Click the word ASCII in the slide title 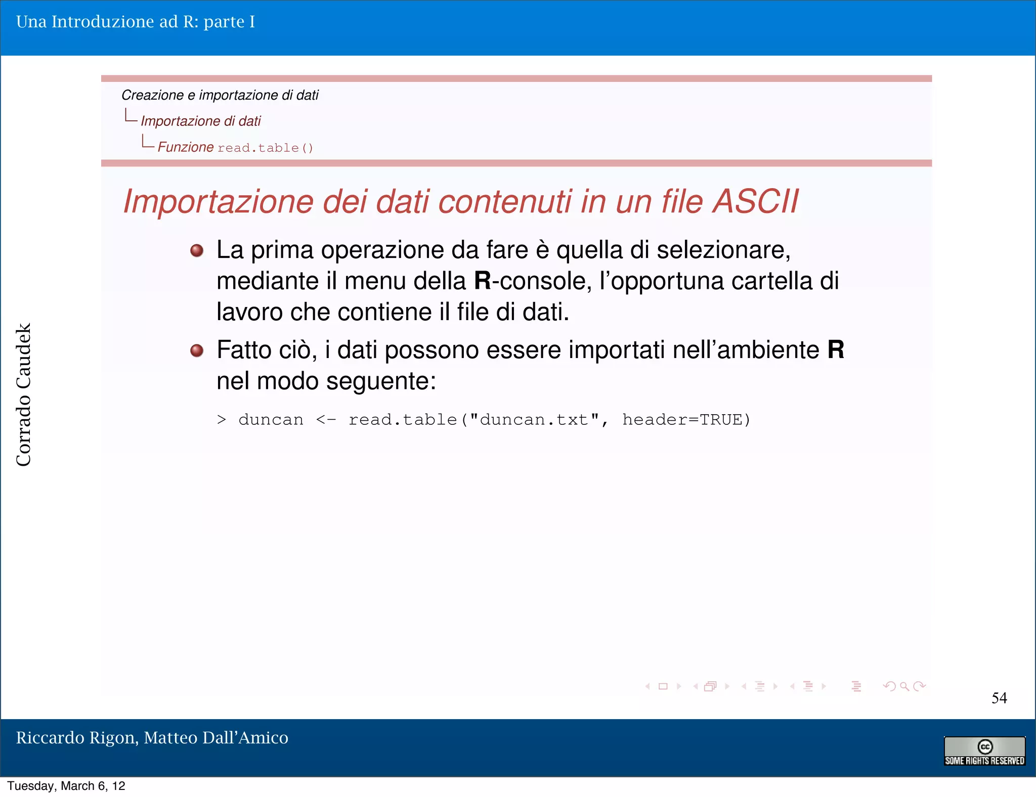755,202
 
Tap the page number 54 999,698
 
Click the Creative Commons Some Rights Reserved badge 984,751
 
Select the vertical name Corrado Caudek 24,394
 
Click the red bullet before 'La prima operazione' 197,250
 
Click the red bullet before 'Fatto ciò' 197,350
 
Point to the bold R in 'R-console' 483,281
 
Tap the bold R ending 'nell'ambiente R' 836,350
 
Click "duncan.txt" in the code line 534,420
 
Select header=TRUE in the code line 686,420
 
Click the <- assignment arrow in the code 325,420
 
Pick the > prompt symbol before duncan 222,420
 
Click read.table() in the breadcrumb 265,148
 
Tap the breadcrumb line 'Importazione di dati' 201,121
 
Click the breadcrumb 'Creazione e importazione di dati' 220,95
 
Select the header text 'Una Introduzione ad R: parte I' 136,22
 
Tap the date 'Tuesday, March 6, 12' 66,786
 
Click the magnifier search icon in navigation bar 904,686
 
